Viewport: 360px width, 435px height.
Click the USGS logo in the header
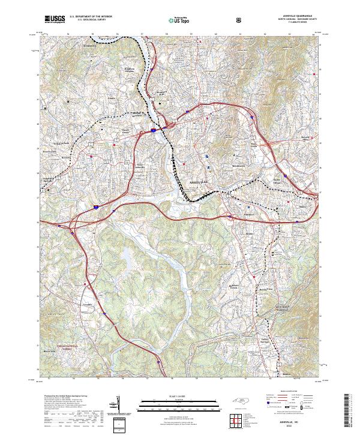[55, 19]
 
